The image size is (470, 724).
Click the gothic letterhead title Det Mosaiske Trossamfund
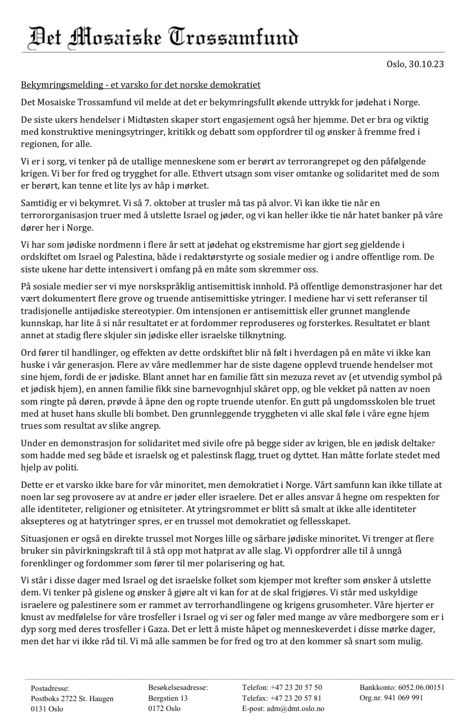(163, 38)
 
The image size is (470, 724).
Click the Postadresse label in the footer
(50, 688)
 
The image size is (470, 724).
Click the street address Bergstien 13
(168, 698)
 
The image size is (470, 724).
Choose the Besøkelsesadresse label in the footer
(178, 687)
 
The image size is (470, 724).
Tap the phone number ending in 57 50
(296, 687)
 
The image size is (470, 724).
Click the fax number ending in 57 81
(296, 698)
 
